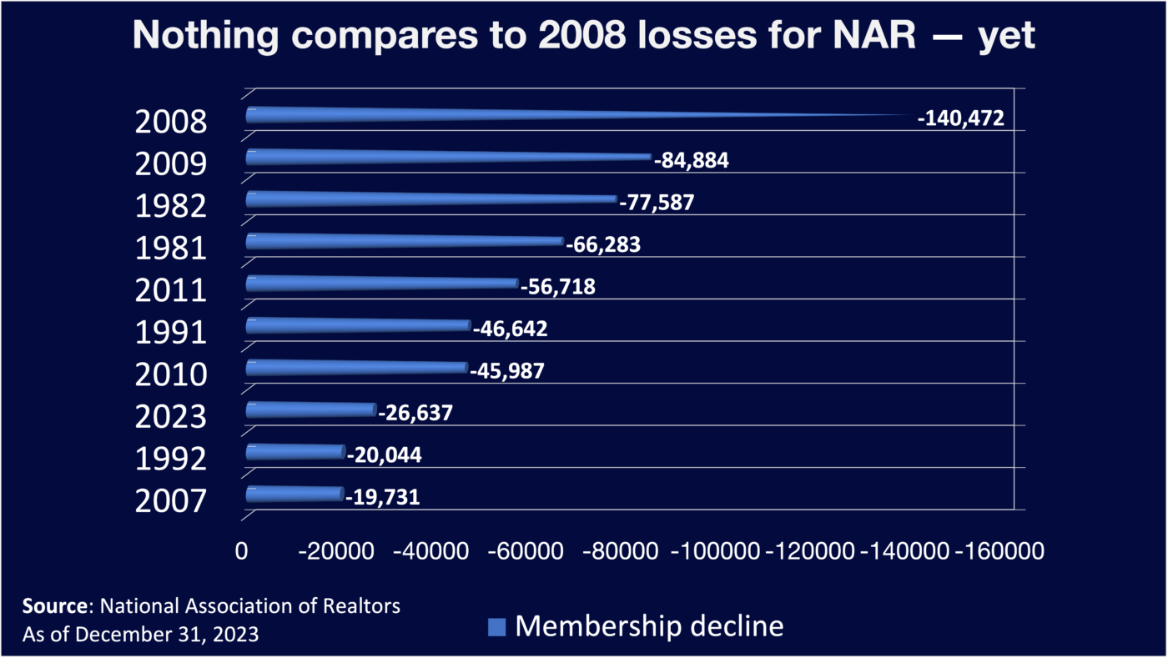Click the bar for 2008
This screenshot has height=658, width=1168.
[501, 115]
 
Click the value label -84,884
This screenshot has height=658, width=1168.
[691, 160]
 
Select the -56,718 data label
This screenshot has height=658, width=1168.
[558, 287]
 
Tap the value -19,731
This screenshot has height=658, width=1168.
[382, 498]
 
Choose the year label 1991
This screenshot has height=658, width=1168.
[170, 333]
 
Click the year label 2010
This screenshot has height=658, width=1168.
[170, 374]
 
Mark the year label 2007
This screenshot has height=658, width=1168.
[170, 501]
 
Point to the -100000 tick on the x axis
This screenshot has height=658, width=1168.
[715, 551]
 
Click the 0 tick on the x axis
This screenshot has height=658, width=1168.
[242, 551]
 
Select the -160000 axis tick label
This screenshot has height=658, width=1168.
[998, 551]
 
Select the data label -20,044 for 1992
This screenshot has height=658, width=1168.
[384, 455]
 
